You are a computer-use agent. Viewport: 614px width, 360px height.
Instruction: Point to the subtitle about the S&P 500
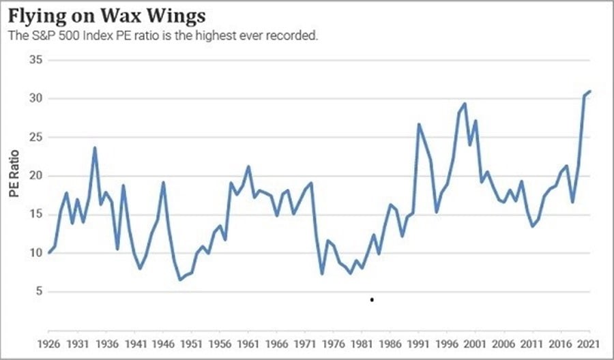pos(162,35)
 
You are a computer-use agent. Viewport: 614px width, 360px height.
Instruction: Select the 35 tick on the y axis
pos(36,60)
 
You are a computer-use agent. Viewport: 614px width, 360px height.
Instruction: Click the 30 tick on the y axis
pos(36,98)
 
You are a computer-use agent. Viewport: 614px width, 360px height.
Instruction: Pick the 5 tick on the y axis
pos(39,291)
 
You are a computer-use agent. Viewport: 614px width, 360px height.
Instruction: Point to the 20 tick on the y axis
pos(36,175)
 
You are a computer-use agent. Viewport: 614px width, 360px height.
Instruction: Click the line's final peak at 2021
pos(590,91)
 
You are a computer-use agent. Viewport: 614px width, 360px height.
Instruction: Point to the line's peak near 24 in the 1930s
pos(95,148)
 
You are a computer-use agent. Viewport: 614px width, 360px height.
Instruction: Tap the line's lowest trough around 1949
pos(180,280)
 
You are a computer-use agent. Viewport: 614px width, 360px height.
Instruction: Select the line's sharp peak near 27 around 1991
pos(419,124)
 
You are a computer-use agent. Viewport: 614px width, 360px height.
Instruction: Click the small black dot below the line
pos(372,299)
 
